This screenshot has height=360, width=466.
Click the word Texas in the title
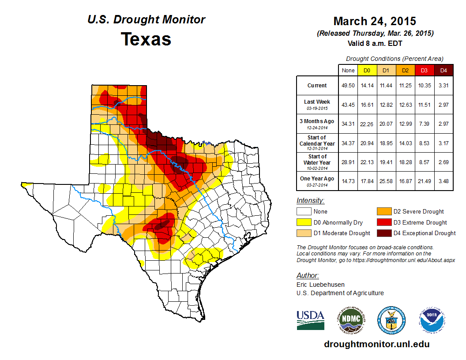pos(146,39)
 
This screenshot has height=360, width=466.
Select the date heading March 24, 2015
pos(375,21)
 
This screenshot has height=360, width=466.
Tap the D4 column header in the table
pos(443,70)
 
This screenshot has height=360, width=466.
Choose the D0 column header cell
pos(367,70)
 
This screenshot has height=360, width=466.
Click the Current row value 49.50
pos(348,86)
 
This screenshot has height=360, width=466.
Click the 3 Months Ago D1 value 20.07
pos(386,124)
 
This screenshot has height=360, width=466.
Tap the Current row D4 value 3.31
pos(443,86)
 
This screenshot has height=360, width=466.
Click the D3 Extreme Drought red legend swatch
pos(383,222)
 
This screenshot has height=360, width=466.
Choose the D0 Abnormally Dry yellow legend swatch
pos(304,222)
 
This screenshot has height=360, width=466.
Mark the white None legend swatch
pos(304,212)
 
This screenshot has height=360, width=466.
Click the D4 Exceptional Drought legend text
pos(425,233)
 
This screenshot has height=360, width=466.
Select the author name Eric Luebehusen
pos(321,285)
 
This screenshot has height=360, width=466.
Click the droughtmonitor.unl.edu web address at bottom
pos(376,344)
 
